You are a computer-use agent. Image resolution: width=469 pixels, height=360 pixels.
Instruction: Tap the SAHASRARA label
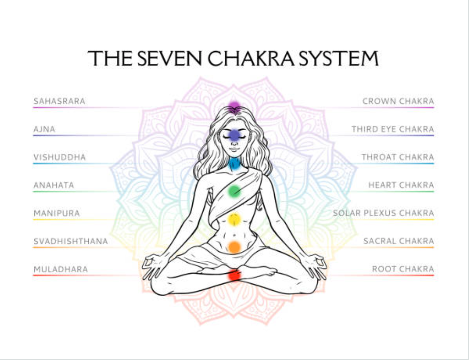click(x=59, y=101)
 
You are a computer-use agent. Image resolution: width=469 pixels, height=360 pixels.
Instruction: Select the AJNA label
click(x=44, y=129)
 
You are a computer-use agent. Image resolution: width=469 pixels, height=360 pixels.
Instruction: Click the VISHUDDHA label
click(x=60, y=157)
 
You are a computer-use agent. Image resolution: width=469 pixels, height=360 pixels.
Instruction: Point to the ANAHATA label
click(x=54, y=185)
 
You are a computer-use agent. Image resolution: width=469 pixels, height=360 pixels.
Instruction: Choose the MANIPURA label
click(x=56, y=213)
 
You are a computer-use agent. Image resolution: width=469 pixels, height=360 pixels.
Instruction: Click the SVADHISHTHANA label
click(x=71, y=241)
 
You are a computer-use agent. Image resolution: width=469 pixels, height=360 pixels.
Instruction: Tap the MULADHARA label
click(x=61, y=269)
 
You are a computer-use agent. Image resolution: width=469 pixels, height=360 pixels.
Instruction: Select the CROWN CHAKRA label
click(x=398, y=101)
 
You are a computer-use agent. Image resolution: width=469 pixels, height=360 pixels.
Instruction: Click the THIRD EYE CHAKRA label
click(x=393, y=129)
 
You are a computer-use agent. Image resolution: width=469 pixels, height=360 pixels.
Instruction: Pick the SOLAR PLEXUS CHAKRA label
click(x=383, y=213)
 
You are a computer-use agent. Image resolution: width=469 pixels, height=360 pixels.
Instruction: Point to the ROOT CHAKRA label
click(x=403, y=269)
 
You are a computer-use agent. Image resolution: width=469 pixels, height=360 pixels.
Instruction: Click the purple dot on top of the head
click(x=234, y=105)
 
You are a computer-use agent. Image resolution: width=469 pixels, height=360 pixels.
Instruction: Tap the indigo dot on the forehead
click(x=234, y=135)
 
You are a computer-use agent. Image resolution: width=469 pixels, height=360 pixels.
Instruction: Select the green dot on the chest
click(x=234, y=191)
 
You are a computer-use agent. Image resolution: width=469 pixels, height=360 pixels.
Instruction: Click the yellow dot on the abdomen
click(x=234, y=219)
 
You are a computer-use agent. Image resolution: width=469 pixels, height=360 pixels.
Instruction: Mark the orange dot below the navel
click(x=234, y=247)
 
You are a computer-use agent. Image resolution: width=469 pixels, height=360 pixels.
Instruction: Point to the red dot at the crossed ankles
click(x=234, y=275)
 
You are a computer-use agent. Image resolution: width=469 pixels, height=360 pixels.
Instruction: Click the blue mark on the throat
click(x=234, y=165)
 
